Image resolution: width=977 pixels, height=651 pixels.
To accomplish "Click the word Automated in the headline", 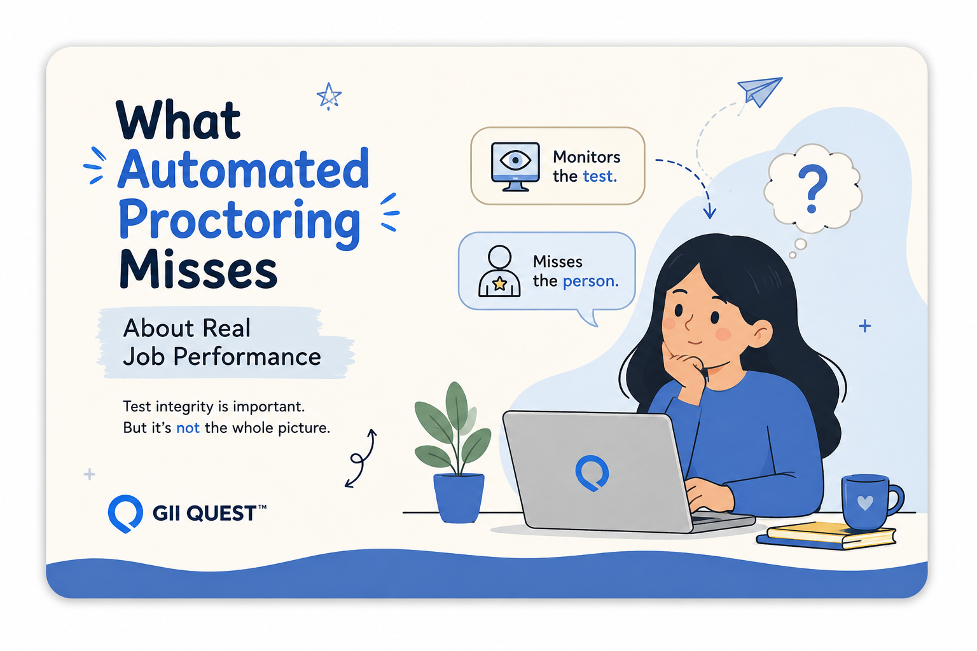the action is pos(244,168).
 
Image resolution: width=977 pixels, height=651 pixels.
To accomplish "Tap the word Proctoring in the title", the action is pos(239,223).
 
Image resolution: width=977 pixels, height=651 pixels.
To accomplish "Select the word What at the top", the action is pos(178,120).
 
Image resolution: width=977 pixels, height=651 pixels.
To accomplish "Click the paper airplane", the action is pos(760,92).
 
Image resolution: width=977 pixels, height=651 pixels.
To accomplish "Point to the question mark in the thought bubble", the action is pos(812,188).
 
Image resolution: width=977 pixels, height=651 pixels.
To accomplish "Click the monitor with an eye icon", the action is pos(515,167).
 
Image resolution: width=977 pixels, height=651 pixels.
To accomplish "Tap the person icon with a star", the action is pos(499,271).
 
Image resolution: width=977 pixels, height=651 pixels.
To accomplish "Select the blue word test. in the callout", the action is pos(600,176).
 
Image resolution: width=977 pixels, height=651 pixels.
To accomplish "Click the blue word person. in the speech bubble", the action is pos(590,281).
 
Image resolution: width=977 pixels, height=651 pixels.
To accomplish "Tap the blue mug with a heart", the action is pos(871,502).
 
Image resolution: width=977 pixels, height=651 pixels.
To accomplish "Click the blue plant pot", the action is pos(459,498).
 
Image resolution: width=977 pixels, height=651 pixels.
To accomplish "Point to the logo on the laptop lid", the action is pos(592,473).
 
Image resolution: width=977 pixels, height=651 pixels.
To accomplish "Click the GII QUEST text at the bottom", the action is pos(209,513).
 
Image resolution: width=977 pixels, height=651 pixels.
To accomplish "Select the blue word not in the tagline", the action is pos(188,428).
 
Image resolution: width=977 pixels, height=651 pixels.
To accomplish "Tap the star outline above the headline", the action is pos(329,96).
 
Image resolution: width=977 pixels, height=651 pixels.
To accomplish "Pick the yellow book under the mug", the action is pos(831,533).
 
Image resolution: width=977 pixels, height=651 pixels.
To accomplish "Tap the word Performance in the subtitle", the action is pos(247,357).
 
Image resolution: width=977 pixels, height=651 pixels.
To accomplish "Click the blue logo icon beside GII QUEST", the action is pos(125,514).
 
